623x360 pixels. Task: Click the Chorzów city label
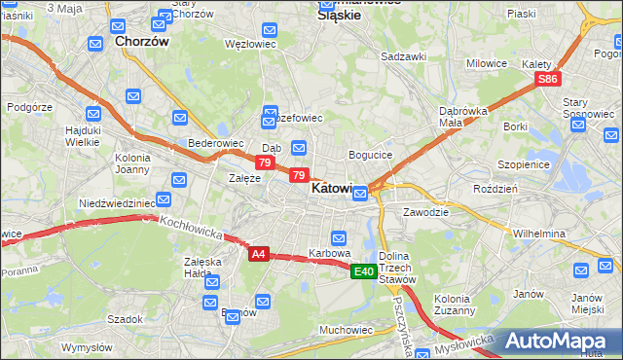[x=142, y=43]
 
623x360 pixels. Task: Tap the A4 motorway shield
[x=258, y=254]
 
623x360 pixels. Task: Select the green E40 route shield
[x=364, y=271]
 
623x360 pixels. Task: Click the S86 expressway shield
[x=548, y=80]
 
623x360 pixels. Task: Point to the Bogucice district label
[x=370, y=155]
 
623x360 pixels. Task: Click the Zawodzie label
[x=425, y=211]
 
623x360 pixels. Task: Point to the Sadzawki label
[x=404, y=56]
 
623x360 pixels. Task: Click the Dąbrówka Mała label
[x=463, y=117]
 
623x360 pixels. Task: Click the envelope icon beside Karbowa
[x=339, y=237]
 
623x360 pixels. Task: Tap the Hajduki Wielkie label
[x=78, y=135]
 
